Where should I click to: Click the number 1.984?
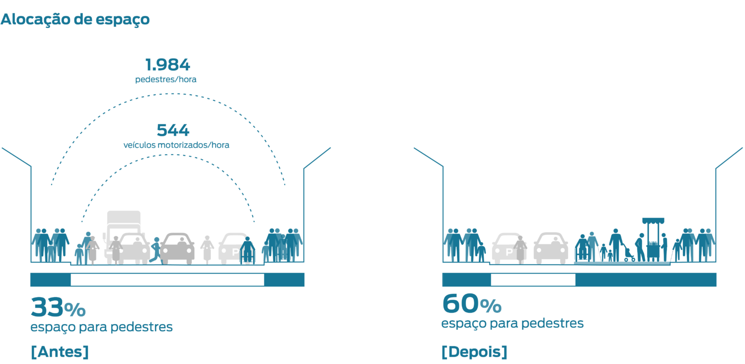point(167,65)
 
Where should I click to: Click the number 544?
point(173,130)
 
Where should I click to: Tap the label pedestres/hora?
point(166,79)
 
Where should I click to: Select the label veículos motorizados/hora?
point(176,145)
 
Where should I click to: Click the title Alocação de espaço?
point(75,19)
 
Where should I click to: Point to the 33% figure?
point(58,308)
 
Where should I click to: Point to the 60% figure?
point(471,304)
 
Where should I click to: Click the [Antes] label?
point(60,352)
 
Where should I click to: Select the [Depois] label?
point(474,352)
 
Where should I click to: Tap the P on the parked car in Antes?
point(235,253)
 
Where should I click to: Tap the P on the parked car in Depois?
point(508,253)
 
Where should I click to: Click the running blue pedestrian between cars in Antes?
point(156,250)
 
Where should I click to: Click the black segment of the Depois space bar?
point(533,280)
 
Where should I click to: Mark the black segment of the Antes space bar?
point(167,280)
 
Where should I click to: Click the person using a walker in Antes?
point(247,251)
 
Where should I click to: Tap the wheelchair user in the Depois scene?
point(581,249)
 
